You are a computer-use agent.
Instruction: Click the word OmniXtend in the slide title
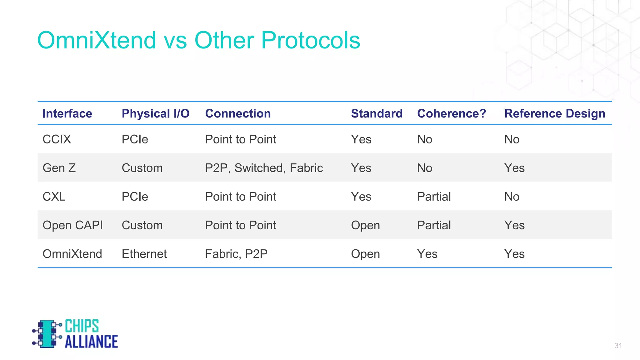[x=97, y=40]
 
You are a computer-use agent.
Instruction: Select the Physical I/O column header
[x=155, y=113]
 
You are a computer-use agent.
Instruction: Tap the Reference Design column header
[x=554, y=113]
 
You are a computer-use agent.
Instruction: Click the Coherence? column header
[x=451, y=113]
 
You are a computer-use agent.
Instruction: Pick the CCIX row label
[x=57, y=139]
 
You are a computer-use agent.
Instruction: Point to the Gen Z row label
[x=59, y=168]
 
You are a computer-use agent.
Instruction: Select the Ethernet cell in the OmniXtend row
[x=144, y=254]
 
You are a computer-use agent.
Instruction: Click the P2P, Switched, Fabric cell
[x=264, y=168]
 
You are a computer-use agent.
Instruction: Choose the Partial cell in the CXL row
[x=434, y=197]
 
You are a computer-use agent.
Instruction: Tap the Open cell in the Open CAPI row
[x=365, y=226]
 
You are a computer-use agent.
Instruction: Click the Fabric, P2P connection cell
[x=236, y=254]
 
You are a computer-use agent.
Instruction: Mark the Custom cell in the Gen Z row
[x=142, y=168]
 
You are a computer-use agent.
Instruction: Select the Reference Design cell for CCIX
[x=512, y=139]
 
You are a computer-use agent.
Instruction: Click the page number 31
[x=618, y=346]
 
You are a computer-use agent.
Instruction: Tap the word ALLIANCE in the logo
[x=91, y=342]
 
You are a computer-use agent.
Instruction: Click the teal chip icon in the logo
[x=46, y=333]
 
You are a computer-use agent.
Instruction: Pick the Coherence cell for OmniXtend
[x=427, y=254]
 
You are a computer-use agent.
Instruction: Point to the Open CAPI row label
[x=72, y=226]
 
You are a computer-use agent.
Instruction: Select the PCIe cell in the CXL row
[x=135, y=197]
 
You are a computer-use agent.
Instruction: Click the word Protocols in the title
[x=310, y=40]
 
